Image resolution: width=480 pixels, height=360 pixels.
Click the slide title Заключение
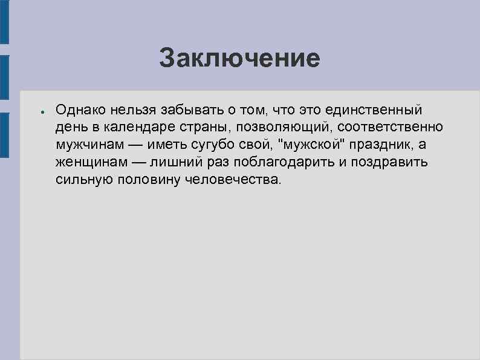pos(239,59)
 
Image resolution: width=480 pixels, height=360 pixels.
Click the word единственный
pos(374,110)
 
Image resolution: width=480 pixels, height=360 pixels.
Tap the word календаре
pos(132,128)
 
